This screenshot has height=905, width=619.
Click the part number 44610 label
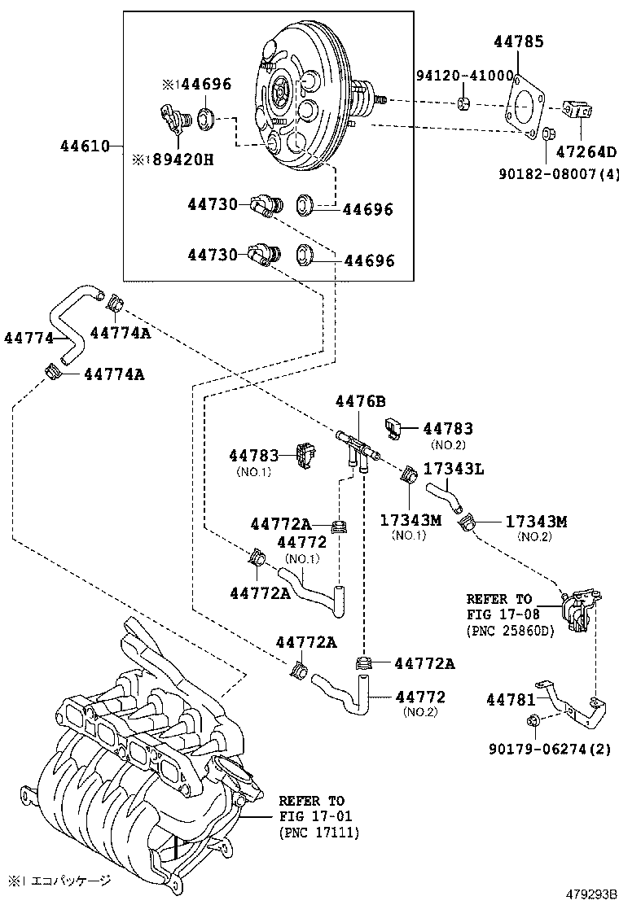tap(84, 146)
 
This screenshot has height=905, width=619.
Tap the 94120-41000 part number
tap(464, 74)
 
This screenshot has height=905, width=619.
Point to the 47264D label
tap(586, 151)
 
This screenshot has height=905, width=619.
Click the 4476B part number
tap(360, 401)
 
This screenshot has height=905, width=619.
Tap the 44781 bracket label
tap(511, 699)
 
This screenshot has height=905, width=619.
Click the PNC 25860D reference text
tap(509, 631)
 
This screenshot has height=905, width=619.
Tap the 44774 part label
tap(29, 337)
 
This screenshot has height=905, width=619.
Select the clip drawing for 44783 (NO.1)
tap(306, 457)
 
